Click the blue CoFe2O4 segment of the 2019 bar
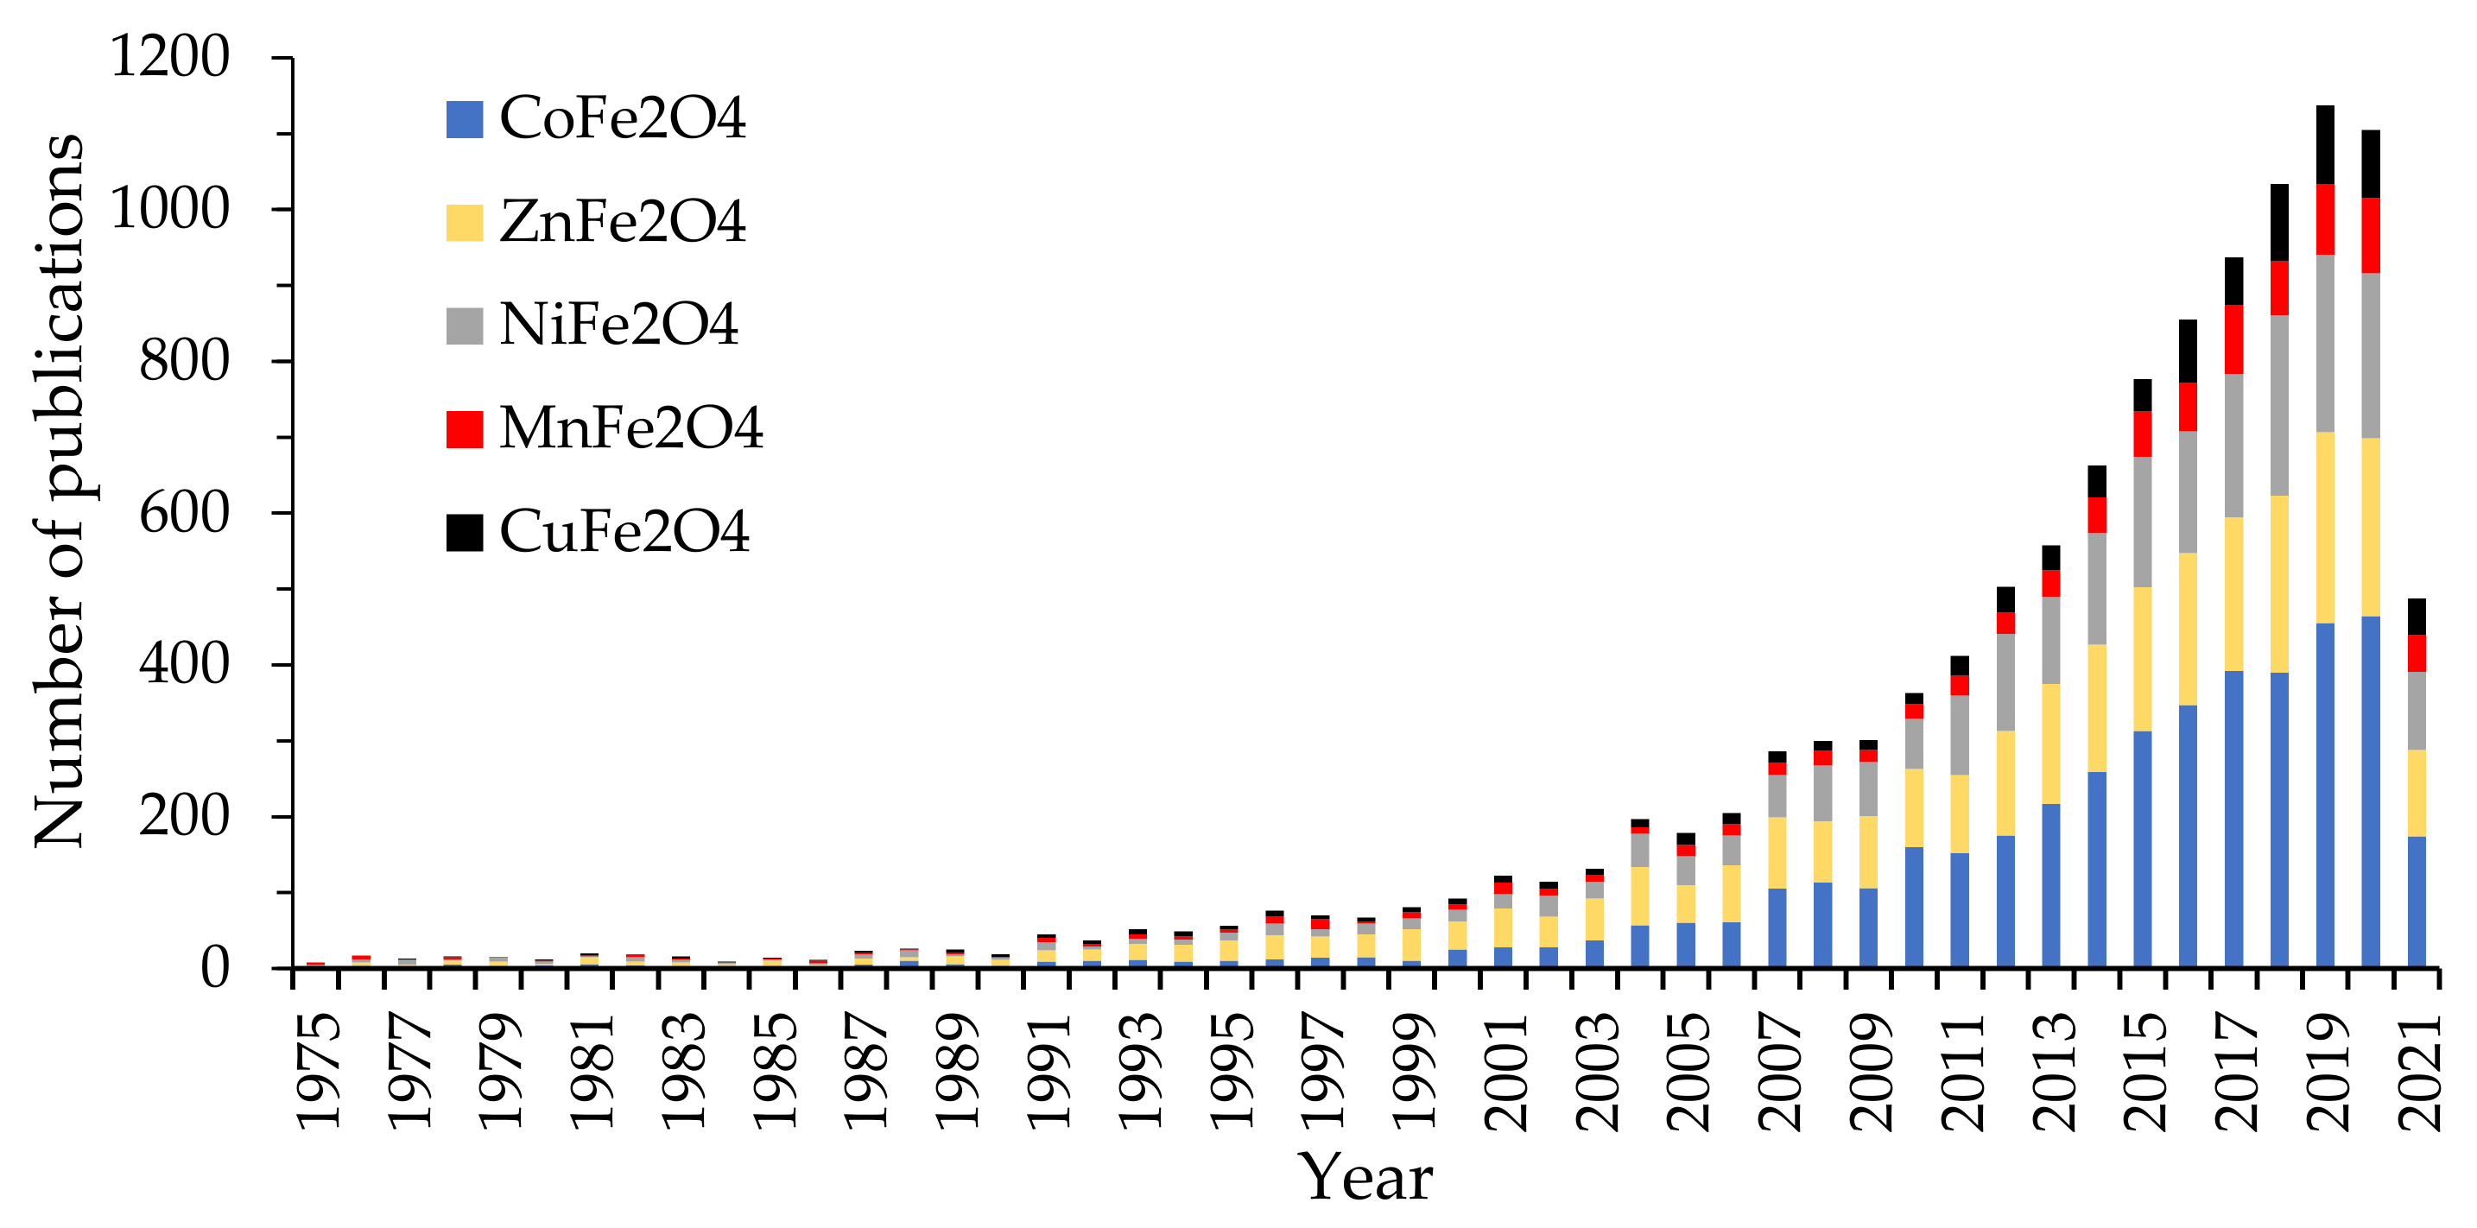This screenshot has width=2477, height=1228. tap(2325, 794)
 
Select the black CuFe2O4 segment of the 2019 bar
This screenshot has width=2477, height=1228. tap(2325, 144)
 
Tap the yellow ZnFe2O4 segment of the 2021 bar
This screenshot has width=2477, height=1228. tap(2417, 793)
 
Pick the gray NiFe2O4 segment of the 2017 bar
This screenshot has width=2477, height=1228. tap(2233, 446)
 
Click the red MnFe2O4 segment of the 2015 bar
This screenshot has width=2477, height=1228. tap(2143, 434)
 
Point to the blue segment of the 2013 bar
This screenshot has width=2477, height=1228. tap(2051, 884)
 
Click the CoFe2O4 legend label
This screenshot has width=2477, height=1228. tap(622, 118)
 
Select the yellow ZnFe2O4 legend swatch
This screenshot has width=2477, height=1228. tap(465, 222)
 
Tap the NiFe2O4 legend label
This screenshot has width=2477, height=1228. tap(618, 325)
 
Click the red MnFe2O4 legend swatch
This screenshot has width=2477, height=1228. tap(465, 429)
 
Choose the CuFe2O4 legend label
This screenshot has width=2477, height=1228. tap(624, 532)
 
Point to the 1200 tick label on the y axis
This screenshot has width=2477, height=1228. tap(170, 57)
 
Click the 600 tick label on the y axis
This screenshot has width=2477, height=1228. tap(185, 513)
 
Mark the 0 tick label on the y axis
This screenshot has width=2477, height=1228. tap(214, 967)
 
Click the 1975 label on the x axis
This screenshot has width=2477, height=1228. tap(317, 1069)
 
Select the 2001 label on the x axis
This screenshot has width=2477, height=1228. tap(1505, 1069)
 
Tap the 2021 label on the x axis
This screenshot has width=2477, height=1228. tap(2418, 1069)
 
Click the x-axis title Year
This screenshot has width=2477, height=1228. tap(1365, 1177)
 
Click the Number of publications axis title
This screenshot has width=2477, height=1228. tap(60, 491)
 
